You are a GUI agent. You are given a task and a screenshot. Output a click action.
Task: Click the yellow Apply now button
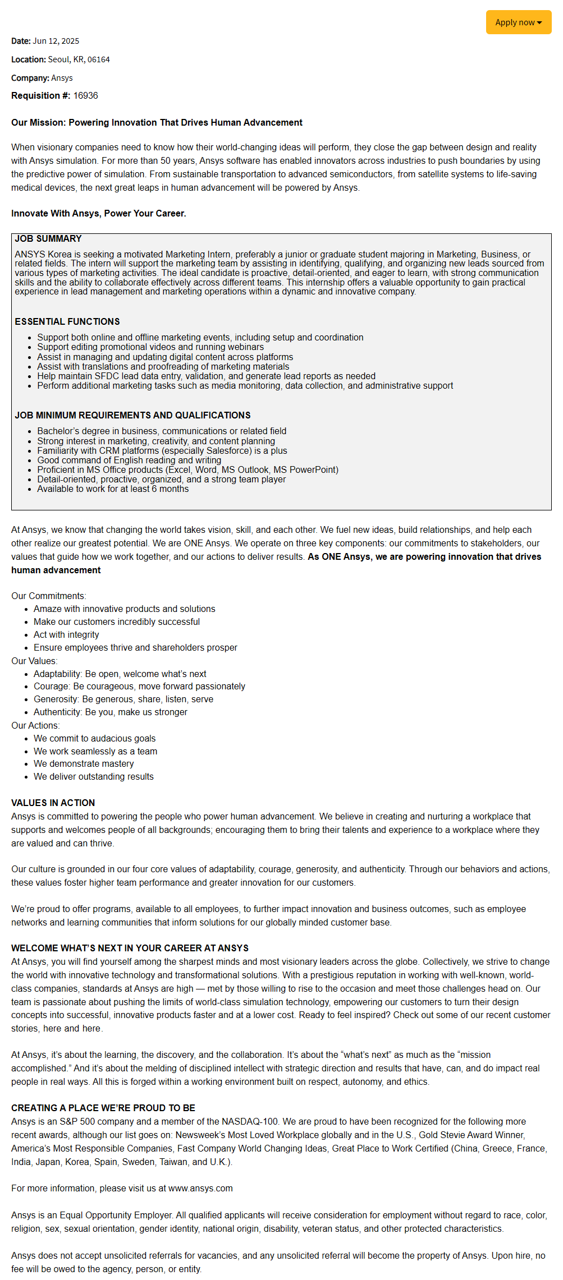pos(518,22)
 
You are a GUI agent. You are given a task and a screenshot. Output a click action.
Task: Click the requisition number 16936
pos(85,96)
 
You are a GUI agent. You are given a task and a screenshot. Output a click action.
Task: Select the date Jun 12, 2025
pos(56,41)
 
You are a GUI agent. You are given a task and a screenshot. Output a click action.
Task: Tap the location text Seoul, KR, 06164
pos(79,59)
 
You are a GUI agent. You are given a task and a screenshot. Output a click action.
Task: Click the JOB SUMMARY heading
pos(48,239)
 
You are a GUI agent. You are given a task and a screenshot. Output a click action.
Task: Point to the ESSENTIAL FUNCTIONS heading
pos(67,321)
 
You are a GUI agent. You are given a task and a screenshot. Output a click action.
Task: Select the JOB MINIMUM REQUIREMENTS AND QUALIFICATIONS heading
pos(132,415)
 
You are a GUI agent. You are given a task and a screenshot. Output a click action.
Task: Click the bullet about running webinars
pos(150,347)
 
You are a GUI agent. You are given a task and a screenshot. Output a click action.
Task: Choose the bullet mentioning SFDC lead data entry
pos(206,376)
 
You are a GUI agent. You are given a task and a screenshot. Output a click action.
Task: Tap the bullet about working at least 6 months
pos(113,489)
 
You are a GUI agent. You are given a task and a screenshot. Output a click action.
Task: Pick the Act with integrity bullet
pos(66,634)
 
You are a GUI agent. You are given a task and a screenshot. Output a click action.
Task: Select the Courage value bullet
pos(139,686)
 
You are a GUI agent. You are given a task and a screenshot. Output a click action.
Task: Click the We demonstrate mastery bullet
pos(84,763)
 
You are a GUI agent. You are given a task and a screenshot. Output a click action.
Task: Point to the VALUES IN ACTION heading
pos(53,803)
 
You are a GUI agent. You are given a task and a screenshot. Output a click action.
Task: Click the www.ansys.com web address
pos(200,1188)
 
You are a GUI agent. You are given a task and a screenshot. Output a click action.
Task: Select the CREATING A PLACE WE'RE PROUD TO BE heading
pos(103,1108)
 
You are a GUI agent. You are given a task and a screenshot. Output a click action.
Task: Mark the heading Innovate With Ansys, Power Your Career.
pos(98,214)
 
